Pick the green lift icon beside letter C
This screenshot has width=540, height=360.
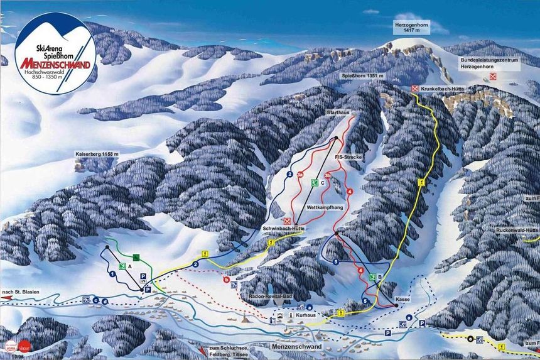315,183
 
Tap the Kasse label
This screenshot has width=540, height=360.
403,299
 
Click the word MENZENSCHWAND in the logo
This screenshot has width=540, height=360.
55,64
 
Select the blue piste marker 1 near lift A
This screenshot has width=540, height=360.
112,274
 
